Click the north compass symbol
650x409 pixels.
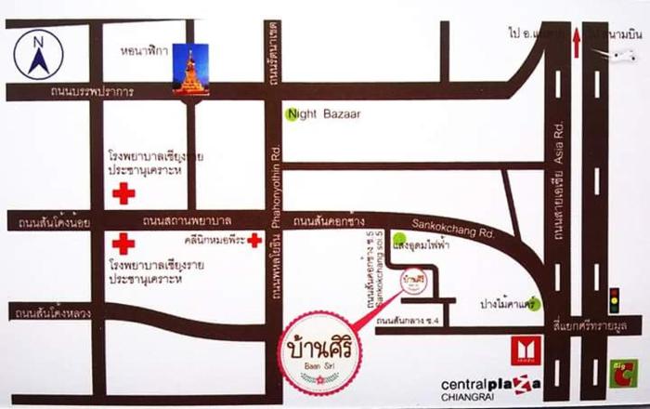(38, 55)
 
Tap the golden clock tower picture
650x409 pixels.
(190, 69)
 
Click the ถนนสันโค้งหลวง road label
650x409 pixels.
(52, 313)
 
